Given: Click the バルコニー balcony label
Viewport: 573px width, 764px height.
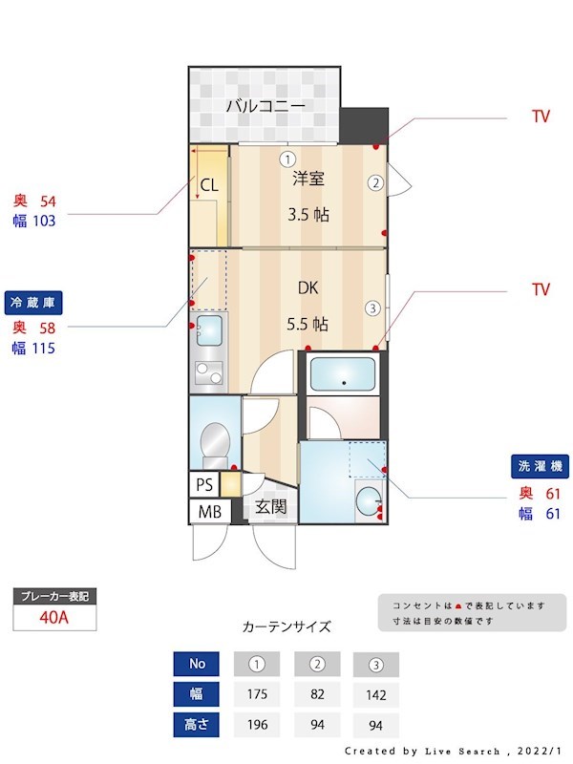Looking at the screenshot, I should [x=265, y=106].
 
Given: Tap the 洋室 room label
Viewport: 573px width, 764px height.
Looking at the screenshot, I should [x=308, y=178].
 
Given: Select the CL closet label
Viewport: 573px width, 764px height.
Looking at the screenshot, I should [x=209, y=186].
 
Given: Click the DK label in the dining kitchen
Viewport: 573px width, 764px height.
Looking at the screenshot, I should [x=308, y=287].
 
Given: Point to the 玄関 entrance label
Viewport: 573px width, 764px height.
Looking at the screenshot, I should [x=270, y=506].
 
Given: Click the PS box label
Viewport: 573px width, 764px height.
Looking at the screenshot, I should [x=204, y=484].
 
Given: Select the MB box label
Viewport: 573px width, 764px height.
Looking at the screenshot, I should [x=209, y=512].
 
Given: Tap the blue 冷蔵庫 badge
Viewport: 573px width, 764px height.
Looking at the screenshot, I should [x=34, y=303].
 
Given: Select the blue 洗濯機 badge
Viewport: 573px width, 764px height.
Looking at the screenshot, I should [x=541, y=468].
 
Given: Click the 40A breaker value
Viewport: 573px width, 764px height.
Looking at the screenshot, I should [x=53, y=617].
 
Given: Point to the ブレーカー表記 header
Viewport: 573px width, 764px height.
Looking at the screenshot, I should [x=54, y=596].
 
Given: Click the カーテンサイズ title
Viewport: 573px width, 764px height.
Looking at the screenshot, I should [x=286, y=627].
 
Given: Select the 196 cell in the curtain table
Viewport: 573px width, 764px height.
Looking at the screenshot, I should [x=256, y=724].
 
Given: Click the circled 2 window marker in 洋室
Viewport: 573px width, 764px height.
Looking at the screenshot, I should [x=376, y=182].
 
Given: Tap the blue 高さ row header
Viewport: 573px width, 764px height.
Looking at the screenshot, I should [x=196, y=724].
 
